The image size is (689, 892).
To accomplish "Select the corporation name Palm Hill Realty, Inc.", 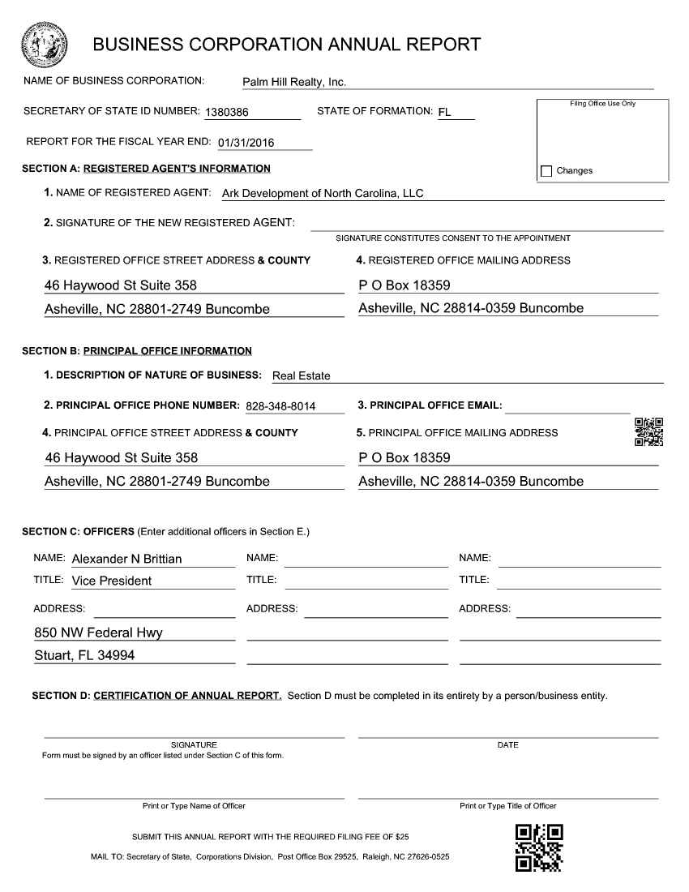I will click(x=294, y=83).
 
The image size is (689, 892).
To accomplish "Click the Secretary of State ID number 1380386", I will click(x=227, y=112).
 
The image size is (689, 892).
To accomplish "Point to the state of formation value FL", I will click(x=444, y=112).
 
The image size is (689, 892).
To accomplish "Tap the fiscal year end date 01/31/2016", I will click(x=246, y=143).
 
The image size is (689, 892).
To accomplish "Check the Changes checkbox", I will click(x=546, y=171).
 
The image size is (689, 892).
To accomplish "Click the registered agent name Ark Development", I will click(x=323, y=193).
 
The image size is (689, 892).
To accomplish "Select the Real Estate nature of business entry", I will click(x=302, y=375).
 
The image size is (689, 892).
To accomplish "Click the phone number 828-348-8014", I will click(x=280, y=405).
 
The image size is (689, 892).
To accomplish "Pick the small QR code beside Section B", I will click(x=648, y=432).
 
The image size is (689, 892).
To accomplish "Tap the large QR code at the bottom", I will click(x=539, y=847).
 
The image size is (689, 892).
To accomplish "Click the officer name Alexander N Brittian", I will click(x=126, y=559).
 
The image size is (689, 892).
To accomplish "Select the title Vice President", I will click(x=112, y=581).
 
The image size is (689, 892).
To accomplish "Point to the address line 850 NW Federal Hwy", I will click(x=98, y=633).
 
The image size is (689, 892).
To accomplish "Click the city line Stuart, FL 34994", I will click(x=84, y=655).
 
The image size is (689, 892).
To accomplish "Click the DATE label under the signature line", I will click(x=507, y=745).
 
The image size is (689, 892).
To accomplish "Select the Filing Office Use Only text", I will click(x=602, y=104).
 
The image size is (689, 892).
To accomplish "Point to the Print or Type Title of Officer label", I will click(x=507, y=806).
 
